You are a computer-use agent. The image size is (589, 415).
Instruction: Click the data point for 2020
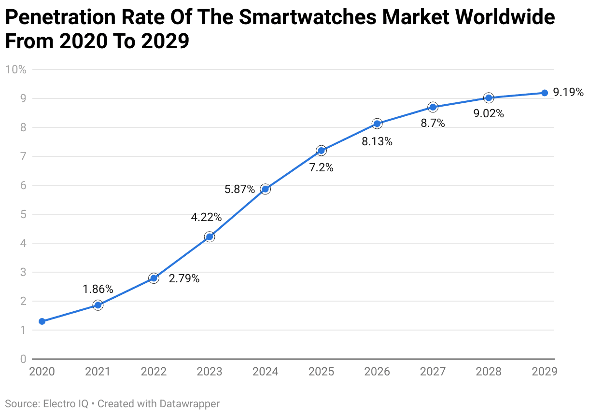(x=42, y=321)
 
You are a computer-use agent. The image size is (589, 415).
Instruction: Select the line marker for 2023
(x=210, y=236)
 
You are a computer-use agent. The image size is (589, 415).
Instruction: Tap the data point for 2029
(x=545, y=93)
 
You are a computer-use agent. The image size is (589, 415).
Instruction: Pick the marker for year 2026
(x=377, y=124)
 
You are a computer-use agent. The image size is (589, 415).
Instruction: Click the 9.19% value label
(x=568, y=92)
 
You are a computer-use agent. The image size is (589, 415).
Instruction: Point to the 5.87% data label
(x=239, y=190)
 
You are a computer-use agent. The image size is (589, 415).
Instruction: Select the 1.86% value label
(x=98, y=289)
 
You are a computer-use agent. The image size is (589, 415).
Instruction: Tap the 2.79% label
(x=184, y=278)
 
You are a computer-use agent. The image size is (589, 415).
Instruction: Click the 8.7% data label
(x=433, y=123)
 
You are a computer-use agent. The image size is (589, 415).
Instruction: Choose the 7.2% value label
(x=321, y=167)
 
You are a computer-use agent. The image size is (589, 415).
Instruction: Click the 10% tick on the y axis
(x=15, y=69)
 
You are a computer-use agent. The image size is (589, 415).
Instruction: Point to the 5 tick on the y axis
(x=22, y=214)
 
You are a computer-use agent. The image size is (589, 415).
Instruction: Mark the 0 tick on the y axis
(x=22, y=359)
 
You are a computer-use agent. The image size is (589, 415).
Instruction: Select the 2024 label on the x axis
(x=265, y=372)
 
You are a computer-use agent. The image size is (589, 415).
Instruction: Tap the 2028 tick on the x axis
(x=489, y=372)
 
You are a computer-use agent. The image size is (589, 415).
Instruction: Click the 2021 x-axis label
(x=98, y=372)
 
